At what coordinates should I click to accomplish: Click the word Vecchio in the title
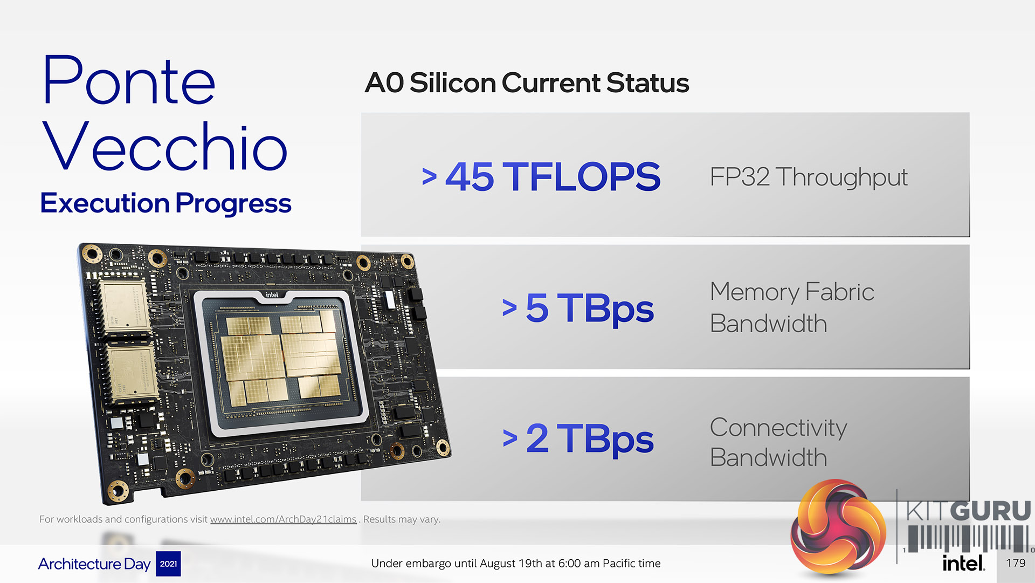pos(165,146)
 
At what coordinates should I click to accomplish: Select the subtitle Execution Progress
pos(165,204)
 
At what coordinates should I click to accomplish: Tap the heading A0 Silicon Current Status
pos(527,83)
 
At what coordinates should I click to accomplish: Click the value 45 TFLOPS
pos(553,176)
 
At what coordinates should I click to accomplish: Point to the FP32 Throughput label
pos(809,177)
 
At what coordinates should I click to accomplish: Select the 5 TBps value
pos(590,308)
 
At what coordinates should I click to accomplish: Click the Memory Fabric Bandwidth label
pos(792,307)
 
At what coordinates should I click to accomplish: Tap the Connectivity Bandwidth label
pos(778,442)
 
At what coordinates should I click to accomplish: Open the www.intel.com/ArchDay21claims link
pos(283,519)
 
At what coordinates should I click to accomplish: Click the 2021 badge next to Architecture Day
pos(168,564)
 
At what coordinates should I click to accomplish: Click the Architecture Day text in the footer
pos(94,564)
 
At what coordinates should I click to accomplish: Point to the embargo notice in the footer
pos(516,564)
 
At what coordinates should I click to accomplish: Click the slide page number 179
pos(1016,563)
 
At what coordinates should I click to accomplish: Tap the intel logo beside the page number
pos(963,563)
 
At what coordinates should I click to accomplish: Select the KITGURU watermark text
pos(969,511)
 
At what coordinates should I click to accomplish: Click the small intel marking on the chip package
pos(272,295)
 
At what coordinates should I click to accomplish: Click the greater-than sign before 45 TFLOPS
pos(429,176)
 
